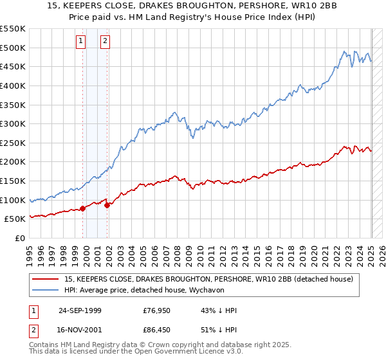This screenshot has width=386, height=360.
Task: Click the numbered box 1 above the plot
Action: point(81,42)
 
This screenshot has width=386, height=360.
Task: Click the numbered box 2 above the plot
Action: point(105,42)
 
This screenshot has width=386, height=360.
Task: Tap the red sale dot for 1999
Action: point(83,208)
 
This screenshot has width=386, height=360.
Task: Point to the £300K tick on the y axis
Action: point(13,123)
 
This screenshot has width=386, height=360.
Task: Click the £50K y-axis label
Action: point(15,219)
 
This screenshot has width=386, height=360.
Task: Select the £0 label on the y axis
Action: point(20,238)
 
